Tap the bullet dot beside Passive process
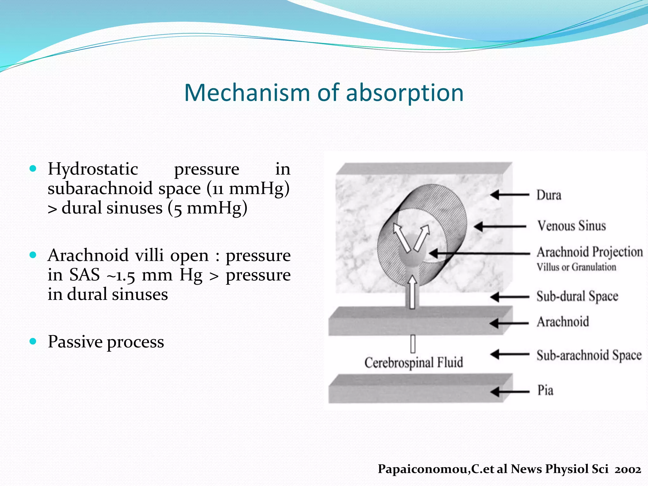point(33,341)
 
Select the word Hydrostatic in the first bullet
point(93,169)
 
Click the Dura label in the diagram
point(549,195)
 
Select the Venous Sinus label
point(571,226)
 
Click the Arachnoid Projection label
point(590,252)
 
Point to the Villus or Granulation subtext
point(576,267)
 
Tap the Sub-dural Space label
point(577,296)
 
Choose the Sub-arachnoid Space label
point(589,355)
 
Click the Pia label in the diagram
point(545,390)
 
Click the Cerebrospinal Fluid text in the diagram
point(414,363)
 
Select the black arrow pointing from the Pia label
point(509,392)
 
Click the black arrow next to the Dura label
point(509,195)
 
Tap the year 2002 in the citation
point(628,469)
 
